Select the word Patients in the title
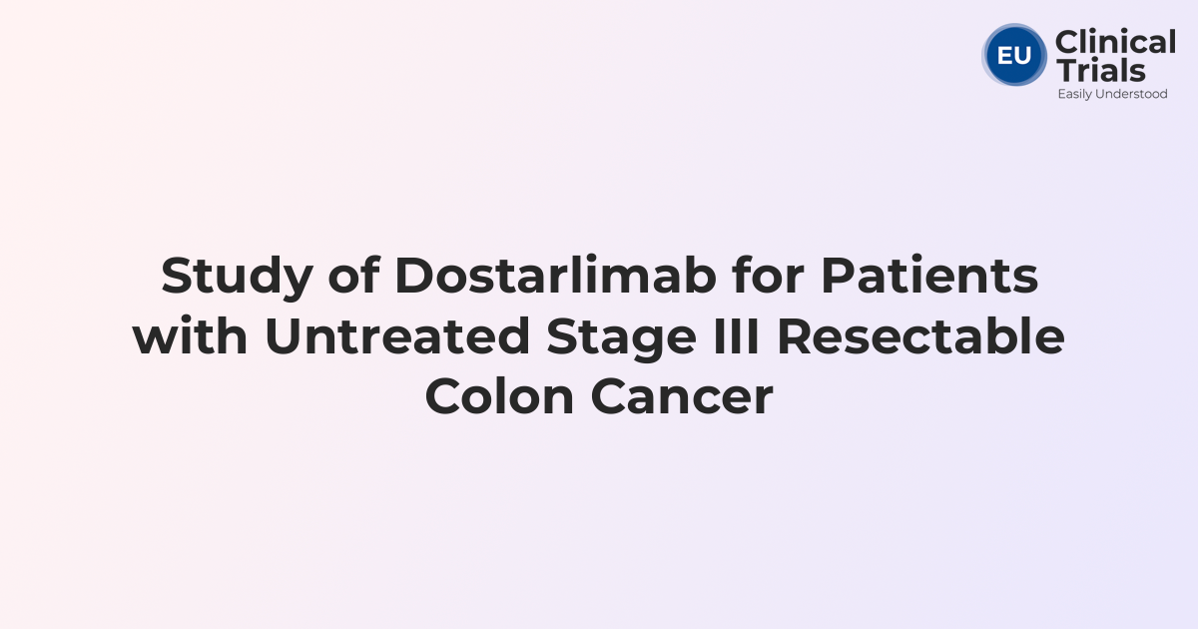pyautogui.click(x=929, y=277)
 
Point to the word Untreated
pyautogui.click(x=396, y=336)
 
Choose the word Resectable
pyautogui.click(x=920, y=336)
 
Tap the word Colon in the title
pyautogui.click(x=498, y=396)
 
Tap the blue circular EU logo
pyautogui.click(x=1014, y=55)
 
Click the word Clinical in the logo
pyautogui.click(x=1115, y=43)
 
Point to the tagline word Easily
pyautogui.click(x=1076, y=94)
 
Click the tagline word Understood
pyautogui.click(x=1133, y=94)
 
